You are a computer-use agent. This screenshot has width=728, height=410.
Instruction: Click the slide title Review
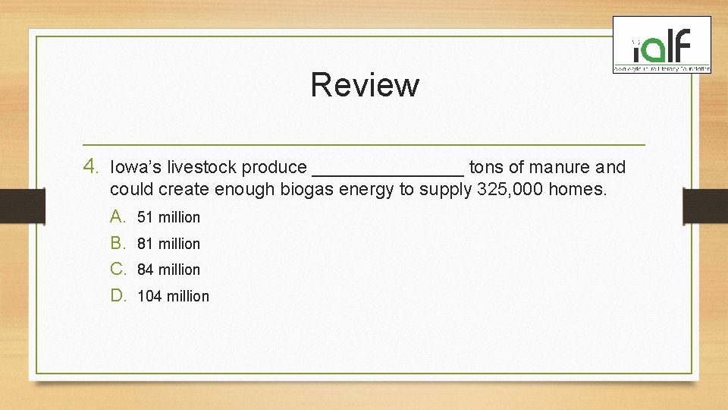click(364, 85)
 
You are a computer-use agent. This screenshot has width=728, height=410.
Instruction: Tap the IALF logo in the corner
click(661, 46)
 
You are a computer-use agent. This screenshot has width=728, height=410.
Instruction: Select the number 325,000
click(510, 190)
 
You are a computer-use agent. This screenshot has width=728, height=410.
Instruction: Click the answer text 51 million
click(168, 218)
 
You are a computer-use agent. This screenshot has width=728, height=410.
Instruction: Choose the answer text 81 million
click(168, 244)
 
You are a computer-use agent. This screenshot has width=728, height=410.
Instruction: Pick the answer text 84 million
click(168, 270)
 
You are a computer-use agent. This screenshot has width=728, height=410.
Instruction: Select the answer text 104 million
click(173, 297)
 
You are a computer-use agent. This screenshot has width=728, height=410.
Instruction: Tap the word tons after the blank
click(486, 167)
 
